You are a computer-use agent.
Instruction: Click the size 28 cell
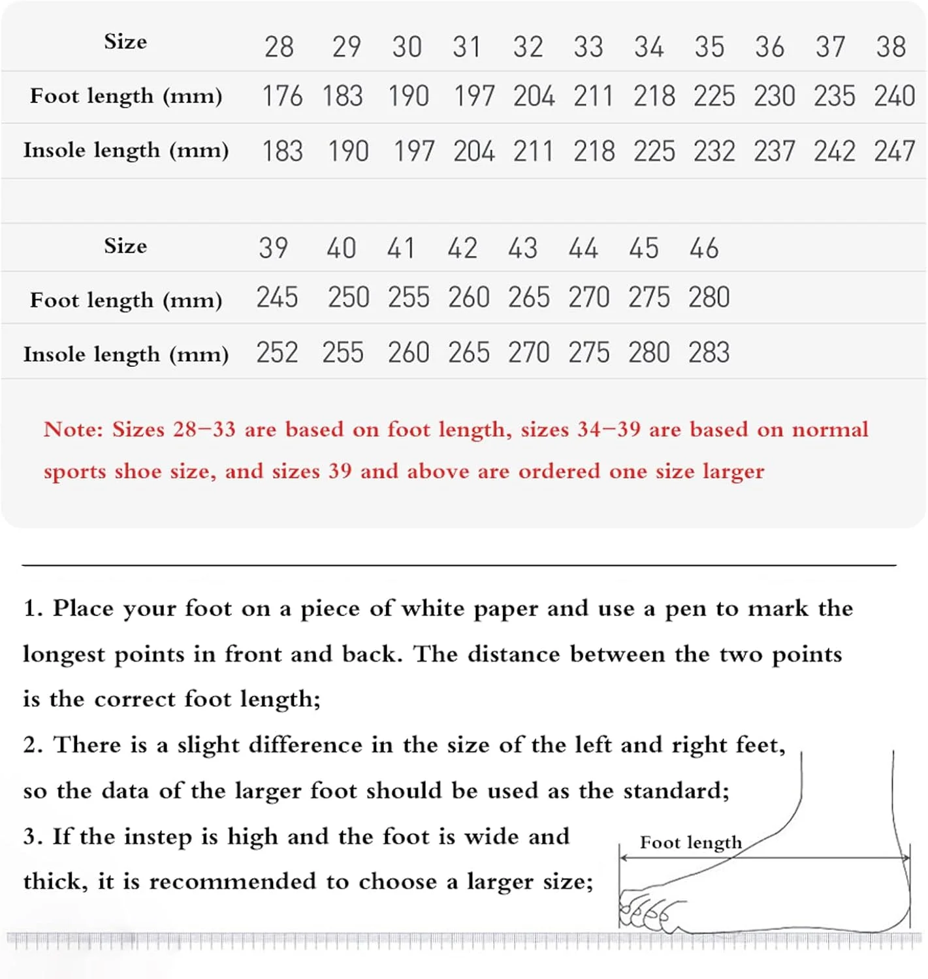(x=279, y=47)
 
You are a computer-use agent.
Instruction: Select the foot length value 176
(x=282, y=97)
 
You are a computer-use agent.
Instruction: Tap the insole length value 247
(x=894, y=151)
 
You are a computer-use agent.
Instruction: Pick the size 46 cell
(x=703, y=249)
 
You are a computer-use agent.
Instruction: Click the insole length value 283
(x=709, y=352)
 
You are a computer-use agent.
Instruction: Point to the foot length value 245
(x=277, y=298)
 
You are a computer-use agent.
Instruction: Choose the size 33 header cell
(x=588, y=47)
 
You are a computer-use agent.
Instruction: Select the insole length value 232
(x=714, y=151)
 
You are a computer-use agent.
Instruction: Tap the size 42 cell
(x=462, y=249)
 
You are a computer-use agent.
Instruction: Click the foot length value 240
(x=894, y=97)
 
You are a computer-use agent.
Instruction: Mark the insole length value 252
(x=277, y=352)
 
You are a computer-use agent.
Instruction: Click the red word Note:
(x=73, y=429)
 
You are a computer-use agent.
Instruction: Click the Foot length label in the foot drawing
(x=690, y=843)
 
